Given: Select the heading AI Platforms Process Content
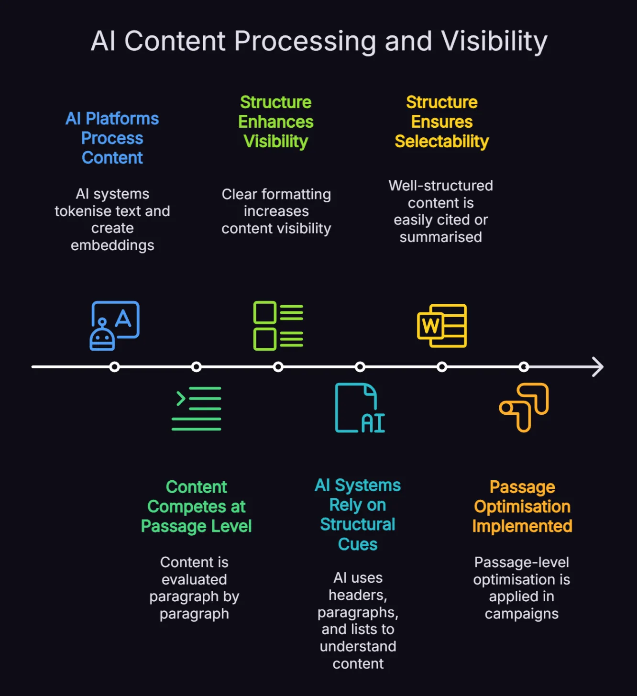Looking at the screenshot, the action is [x=112, y=138].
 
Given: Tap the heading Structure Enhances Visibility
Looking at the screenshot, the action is [x=276, y=122].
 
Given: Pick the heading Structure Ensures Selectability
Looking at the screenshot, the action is [x=442, y=122].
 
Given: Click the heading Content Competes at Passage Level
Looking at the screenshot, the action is [x=197, y=507].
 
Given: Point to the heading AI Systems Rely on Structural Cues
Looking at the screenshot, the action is [x=358, y=515].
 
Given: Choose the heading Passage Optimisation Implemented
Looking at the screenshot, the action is [x=522, y=507].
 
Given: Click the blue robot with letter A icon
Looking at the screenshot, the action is [x=114, y=325].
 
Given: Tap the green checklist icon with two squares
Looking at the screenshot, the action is [x=278, y=325].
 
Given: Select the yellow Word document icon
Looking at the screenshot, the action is [x=442, y=325].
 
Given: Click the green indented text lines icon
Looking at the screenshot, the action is [x=197, y=409].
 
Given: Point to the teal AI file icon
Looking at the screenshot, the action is [x=360, y=408].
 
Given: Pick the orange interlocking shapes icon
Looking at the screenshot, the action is [x=524, y=408].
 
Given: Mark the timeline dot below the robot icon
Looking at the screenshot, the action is [x=114, y=367].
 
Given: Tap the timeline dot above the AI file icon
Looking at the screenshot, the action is [x=360, y=367].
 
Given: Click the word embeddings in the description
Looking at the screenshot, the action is [x=112, y=246].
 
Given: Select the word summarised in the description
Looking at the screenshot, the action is [x=440, y=237].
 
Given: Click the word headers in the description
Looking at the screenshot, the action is [x=358, y=596].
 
